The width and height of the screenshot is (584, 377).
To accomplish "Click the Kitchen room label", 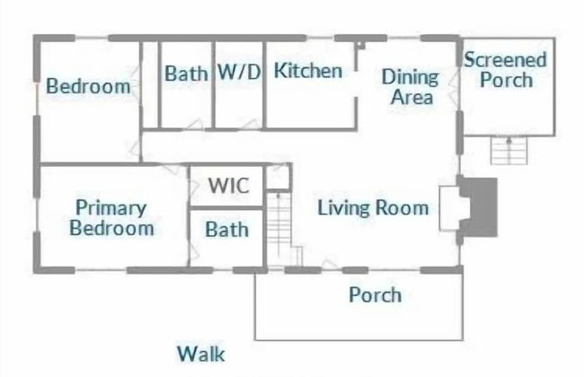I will click(x=308, y=71).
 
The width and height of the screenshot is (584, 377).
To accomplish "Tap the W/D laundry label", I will click(x=239, y=73).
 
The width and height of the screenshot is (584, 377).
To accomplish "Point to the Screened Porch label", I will click(x=505, y=70).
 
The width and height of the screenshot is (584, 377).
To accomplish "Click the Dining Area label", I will click(x=411, y=87).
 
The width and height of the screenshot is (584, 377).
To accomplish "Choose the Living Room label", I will click(x=373, y=208).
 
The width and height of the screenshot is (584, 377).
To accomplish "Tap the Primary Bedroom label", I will click(x=111, y=218).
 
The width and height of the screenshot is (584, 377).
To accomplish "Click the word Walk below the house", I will click(x=200, y=354).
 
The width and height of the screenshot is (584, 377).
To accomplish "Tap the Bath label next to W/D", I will click(x=186, y=74).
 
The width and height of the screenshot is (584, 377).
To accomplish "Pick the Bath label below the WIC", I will click(x=226, y=230).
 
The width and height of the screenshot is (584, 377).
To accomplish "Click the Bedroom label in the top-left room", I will click(x=88, y=86).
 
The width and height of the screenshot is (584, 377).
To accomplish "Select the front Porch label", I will click(x=375, y=294).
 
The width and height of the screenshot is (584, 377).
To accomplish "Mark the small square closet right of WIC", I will click(x=278, y=177).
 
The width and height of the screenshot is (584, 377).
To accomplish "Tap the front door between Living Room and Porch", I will click(x=331, y=267).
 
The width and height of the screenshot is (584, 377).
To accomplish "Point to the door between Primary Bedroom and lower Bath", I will click(x=190, y=251).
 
